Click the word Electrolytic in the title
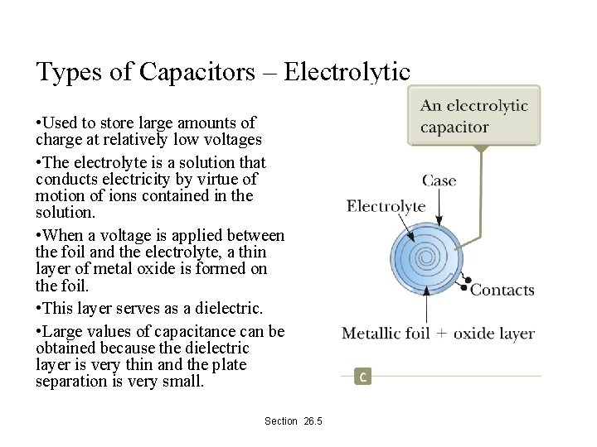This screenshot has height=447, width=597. (347, 72)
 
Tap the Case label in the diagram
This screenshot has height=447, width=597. (439, 180)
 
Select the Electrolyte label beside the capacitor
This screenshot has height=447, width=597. (386, 206)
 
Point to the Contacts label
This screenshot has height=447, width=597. (502, 290)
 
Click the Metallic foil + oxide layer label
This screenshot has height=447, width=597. (438, 334)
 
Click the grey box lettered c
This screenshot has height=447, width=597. (363, 377)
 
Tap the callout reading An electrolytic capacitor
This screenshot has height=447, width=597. (473, 117)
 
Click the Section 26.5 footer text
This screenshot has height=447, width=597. (293, 421)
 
